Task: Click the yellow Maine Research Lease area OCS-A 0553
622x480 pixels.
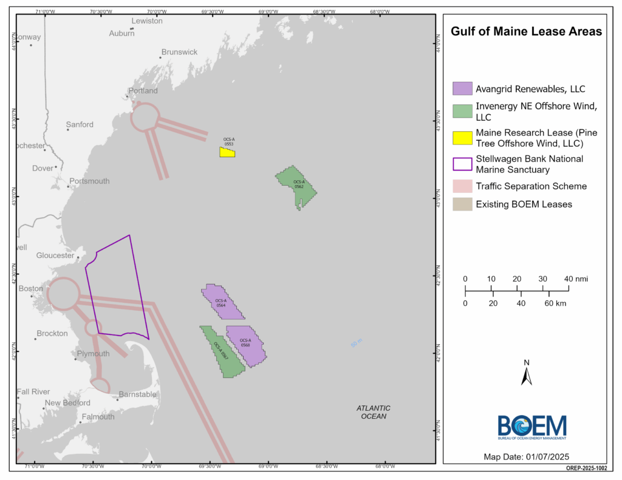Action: pyautogui.click(x=227, y=152)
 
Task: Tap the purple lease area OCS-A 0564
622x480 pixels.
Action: pyautogui.click(x=222, y=301)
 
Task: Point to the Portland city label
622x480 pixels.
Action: pyautogui.click(x=143, y=91)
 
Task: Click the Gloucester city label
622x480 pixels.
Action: pyautogui.click(x=55, y=255)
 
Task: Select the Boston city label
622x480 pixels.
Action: pyautogui.click(x=31, y=289)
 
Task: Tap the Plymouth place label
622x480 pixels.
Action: pyautogui.click(x=94, y=354)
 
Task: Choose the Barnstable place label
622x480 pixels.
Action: pyautogui.click(x=137, y=394)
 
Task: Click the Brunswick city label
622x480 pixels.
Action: pyautogui.click(x=179, y=52)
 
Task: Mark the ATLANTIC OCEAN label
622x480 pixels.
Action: pyautogui.click(x=373, y=412)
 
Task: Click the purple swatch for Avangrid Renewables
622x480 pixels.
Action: pyautogui.click(x=462, y=89)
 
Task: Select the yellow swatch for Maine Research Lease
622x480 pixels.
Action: pyautogui.click(x=462, y=137)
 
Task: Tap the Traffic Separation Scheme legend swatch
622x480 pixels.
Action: pyautogui.click(x=462, y=186)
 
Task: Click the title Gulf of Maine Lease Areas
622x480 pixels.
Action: pyautogui.click(x=526, y=32)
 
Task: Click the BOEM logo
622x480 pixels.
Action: pyautogui.click(x=532, y=427)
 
